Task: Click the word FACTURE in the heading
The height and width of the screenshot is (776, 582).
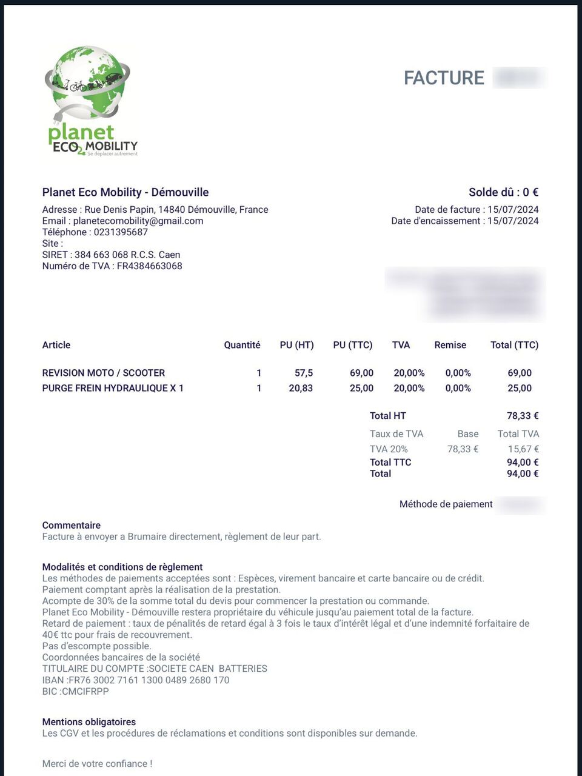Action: (x=444, y=78)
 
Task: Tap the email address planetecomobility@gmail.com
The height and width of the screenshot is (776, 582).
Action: (x=138, y=221)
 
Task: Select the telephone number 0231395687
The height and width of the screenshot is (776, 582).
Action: (x=121, y=232)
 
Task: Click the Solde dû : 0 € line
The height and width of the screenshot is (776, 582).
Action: (x=503, y=192)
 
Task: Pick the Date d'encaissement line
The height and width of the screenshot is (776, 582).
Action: (x=464, y=221)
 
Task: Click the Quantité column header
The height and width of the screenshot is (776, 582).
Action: (x=242, y=345)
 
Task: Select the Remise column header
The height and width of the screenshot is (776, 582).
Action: (x=450, y=345)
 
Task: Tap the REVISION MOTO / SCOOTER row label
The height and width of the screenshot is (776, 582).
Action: (x=103, y=373)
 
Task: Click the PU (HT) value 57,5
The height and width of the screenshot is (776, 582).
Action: (x=304, y=373)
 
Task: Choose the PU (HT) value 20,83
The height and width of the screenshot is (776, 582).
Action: (x=301, y=388)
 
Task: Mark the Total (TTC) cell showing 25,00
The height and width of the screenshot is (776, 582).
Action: (x=520, y=388)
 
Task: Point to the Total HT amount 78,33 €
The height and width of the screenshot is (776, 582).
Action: (x=523, y=416)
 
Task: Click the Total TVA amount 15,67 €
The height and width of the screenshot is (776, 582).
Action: (x=523, y=449)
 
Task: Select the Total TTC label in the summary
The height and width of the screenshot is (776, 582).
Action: (x=390, y=462)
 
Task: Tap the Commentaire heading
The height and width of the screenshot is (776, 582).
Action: (x=71, y=525)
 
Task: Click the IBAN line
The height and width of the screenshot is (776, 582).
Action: (x=135, y=680)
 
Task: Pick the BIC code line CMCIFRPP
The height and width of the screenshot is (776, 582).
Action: (x=75, y=691)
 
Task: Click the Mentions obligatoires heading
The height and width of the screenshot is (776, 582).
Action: (x=89, y=722)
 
